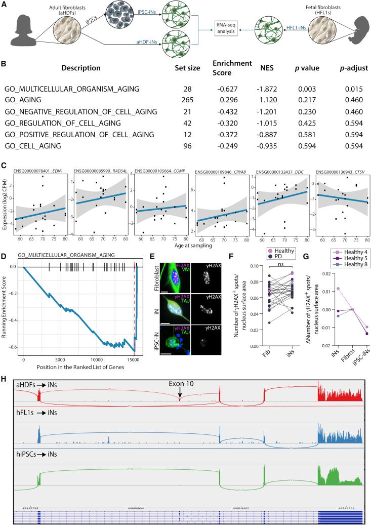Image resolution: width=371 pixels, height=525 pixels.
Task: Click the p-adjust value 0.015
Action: [349, 89]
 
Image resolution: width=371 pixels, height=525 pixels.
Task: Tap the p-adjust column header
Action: [349, 68]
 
